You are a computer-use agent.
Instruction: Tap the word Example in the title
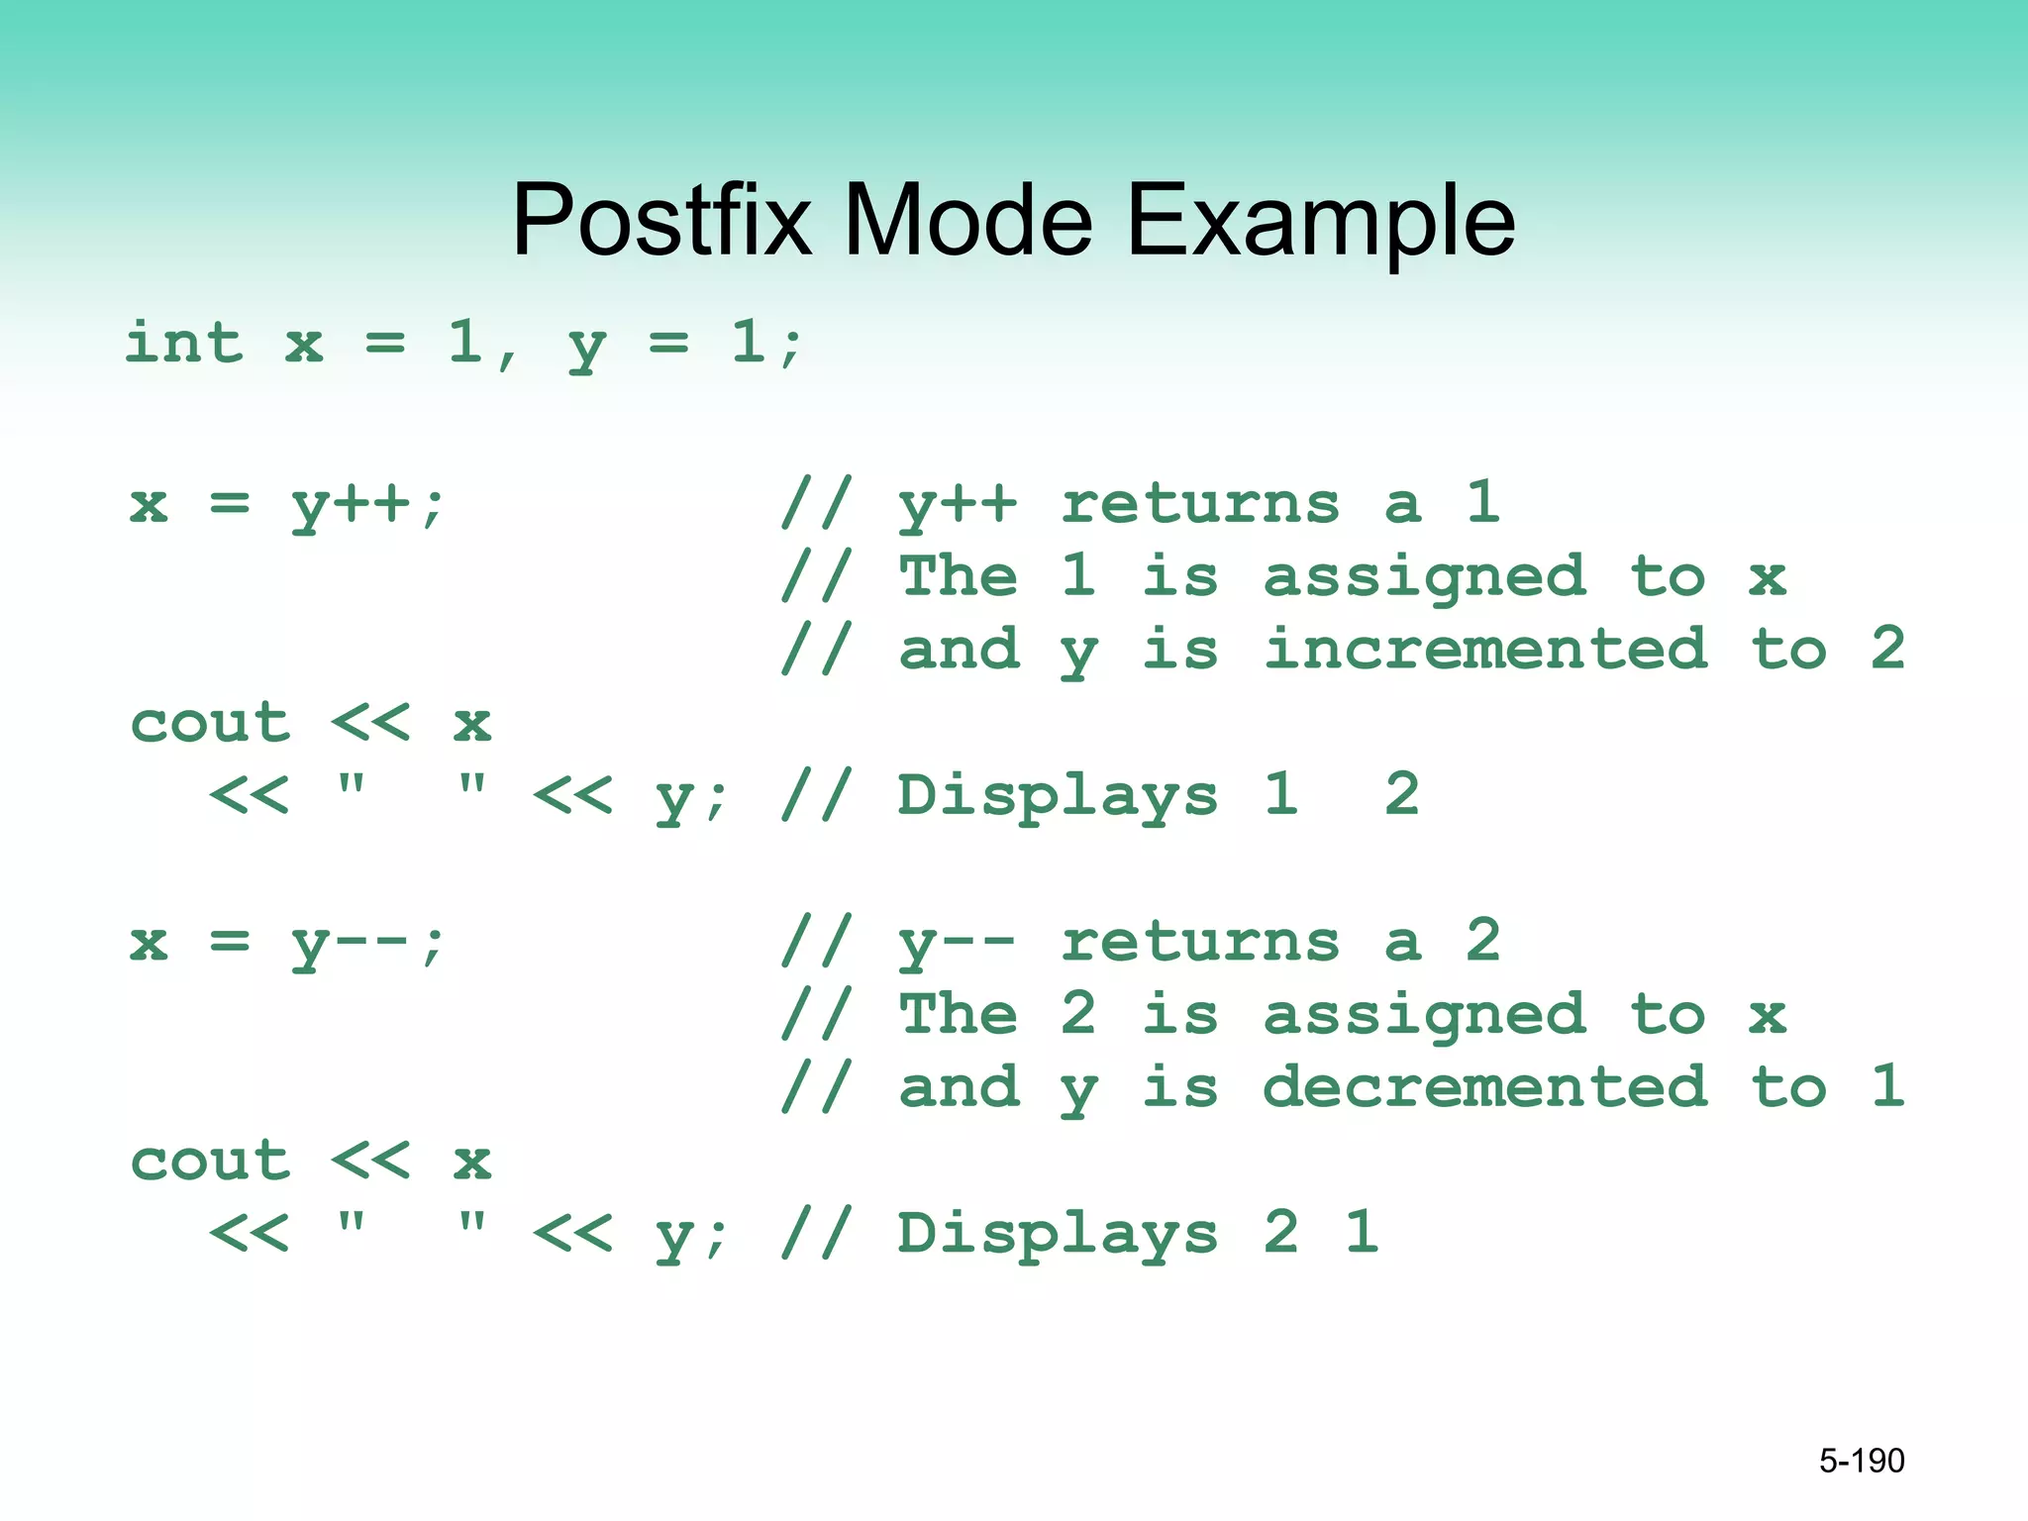1321,223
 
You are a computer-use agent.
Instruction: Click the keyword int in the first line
184,343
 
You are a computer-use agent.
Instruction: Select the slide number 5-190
1861,1461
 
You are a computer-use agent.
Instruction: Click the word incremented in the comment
1486,649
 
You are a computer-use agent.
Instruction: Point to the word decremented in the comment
1486,1086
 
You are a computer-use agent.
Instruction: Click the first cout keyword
211,723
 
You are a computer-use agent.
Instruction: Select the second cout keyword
211,1161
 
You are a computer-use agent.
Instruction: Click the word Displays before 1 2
1058,796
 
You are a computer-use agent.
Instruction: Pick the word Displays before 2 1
1058,1234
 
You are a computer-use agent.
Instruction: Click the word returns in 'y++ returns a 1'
1200,504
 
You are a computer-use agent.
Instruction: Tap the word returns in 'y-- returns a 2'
1200,942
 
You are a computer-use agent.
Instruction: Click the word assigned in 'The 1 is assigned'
1425,578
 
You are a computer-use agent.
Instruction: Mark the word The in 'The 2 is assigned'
958,1014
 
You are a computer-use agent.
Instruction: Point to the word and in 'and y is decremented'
959,1087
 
